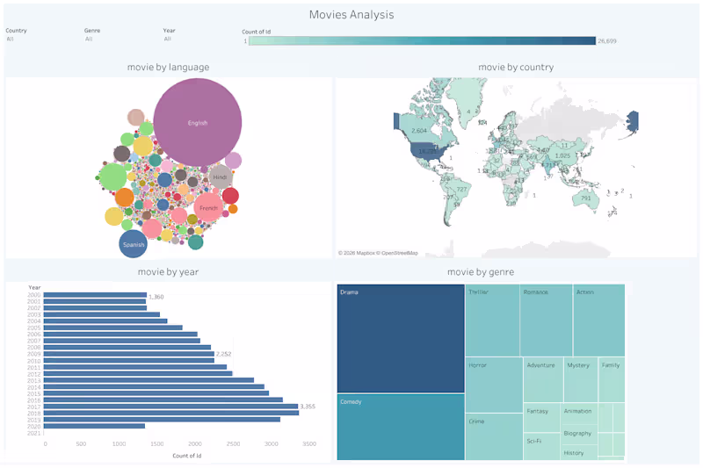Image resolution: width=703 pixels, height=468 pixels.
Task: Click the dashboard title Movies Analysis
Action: click(x=351, y=14)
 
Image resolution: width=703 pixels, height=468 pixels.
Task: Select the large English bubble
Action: click(x=198, y=122)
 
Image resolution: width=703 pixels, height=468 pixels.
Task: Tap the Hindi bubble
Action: click(x=220, y=177)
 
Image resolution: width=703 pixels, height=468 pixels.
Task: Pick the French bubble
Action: click(x=208, y=208)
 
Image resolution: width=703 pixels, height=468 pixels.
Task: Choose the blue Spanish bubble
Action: click(x=133, y=244)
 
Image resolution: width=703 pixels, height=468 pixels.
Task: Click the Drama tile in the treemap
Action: click(x=401, y=338)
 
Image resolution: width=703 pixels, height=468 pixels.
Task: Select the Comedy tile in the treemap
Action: click(x=401, y=427)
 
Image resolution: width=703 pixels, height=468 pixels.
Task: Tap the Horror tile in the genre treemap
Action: click(x=493, y=383)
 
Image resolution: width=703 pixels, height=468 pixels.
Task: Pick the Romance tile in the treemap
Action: click(x=547, y=320)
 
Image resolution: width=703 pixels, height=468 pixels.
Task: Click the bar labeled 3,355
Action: click(x=171, y=407)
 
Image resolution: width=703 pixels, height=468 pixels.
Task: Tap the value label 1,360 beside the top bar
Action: click(x=157, y=296)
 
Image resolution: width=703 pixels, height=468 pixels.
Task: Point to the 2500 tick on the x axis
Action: click(x=232, y=444)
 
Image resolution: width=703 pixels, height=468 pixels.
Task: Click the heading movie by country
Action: click(x=516, y=67)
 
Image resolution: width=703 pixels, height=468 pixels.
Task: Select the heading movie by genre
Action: click(x=481, y=272)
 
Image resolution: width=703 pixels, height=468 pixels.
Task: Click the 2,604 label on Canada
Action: click(x=419, y=131)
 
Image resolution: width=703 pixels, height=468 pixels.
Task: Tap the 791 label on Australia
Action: click(x=586, y=198)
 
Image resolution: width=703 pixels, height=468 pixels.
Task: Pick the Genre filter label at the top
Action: click(x=92, y=30)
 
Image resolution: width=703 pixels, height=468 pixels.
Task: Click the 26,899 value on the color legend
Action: click(x=607, y=41)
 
